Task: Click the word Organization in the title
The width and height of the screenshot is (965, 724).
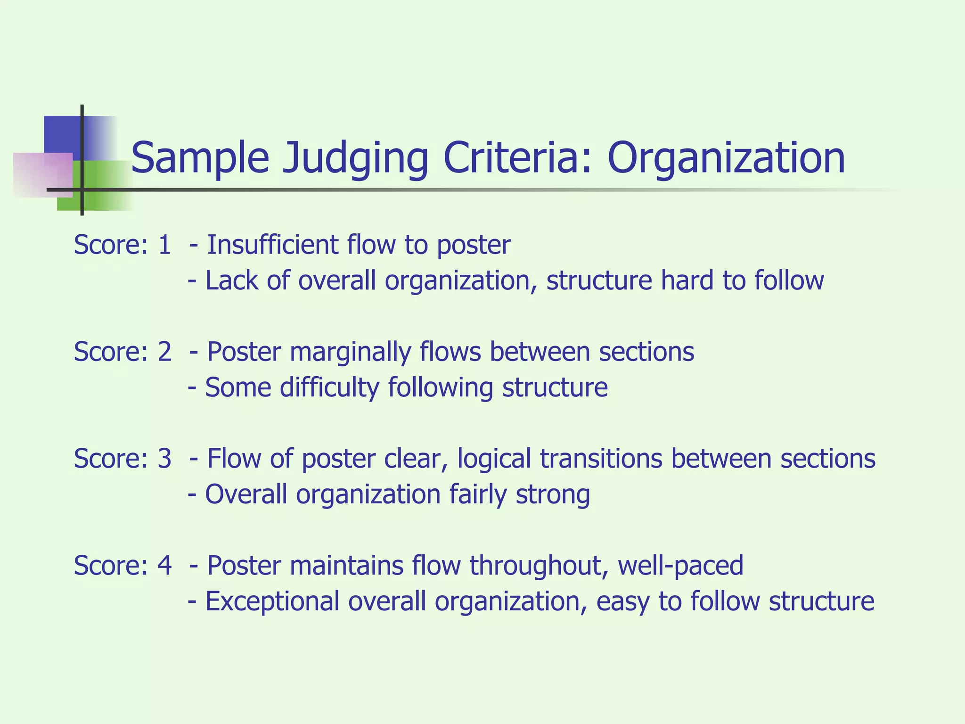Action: [726, 158]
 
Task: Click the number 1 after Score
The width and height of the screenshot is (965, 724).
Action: [164, 245]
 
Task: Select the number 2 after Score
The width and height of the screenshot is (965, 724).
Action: [164, 352]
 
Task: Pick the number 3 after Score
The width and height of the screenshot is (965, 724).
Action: [164, 459]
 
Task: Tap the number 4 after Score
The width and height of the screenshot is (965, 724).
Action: [164, 565]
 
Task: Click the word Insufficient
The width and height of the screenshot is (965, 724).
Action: [272, 245]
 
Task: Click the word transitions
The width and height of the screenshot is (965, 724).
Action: [601, 459]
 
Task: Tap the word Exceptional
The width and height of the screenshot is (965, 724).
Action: [272, 602]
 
